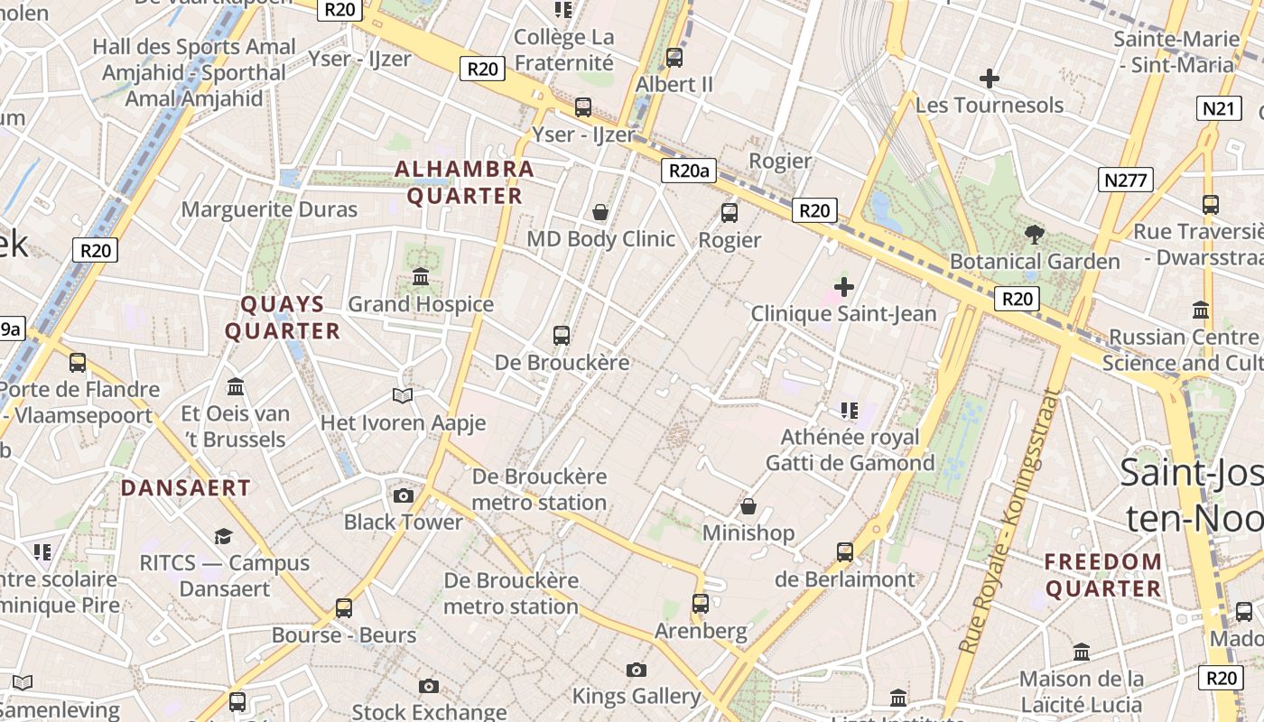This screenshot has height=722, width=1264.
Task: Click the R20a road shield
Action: (x=688, y=171)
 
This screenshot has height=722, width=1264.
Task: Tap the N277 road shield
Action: (x=1126, y=180)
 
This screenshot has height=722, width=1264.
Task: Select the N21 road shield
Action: (x=1218, y=109)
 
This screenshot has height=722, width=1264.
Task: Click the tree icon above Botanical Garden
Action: (x=1035, y=235)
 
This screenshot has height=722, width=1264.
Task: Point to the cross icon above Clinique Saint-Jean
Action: (x=844, y=287)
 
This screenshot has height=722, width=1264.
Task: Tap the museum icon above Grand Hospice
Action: (x=421, y=277)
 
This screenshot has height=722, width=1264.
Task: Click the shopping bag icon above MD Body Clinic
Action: (x=600, y=212)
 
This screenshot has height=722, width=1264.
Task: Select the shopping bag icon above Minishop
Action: (x=748, y=506)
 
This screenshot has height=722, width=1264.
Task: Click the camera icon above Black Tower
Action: (x=404, y=495)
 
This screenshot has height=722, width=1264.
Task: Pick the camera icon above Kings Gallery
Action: (x=637, y=670)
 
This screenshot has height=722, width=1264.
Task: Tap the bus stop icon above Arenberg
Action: (x=701, y=603)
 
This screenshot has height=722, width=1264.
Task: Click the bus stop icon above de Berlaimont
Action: (x=845, y=551)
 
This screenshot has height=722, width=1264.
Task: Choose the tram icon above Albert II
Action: (x=674, y=58)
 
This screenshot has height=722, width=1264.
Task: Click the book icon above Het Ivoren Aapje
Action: (x=403, y=395)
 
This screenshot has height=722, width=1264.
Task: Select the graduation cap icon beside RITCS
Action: (x=223, y=537)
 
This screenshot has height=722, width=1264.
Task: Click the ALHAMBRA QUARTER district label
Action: (x=465, y=182)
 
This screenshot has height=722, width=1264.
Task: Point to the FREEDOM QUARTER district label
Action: (x=1103, y=575)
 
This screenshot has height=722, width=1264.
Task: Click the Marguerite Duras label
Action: (x=269, y=209)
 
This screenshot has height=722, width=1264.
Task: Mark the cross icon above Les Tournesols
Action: (x=990, y=79)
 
